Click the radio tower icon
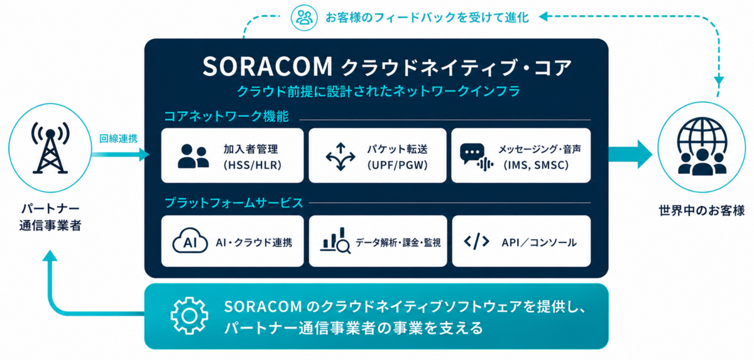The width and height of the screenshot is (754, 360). pos(50,148)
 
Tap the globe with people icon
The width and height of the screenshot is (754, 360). pos(702,146)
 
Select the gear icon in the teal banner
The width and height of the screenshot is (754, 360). pos(189,315)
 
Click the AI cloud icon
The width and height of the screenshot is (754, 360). pos(190,241)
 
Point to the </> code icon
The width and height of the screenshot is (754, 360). pos(476,241)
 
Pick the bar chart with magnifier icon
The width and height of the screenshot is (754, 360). pos(336,240)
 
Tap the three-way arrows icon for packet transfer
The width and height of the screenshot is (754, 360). pos(341,156)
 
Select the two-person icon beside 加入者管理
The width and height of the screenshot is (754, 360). pos(193,156)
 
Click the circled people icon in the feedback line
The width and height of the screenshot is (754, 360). pos(304,18)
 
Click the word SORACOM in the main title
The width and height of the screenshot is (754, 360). pos(268,66)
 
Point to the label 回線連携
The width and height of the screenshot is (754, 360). pos(118,138)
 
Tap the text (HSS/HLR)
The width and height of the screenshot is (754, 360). pos(253,165)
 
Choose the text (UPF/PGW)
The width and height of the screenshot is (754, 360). pos(397,165)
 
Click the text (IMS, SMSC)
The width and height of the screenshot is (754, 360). pos(536,165)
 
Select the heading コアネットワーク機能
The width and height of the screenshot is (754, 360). pos(226,116)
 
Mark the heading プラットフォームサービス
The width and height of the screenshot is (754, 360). pos(234,203)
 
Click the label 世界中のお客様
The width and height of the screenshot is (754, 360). pos(701,211)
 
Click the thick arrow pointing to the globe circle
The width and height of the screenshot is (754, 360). pos(630,155)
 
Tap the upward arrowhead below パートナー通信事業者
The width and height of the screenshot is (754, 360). pos(50,256)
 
